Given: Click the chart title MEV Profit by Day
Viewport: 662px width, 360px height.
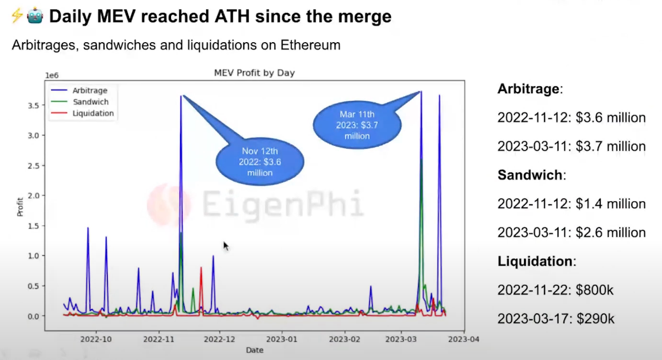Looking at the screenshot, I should (254, 73).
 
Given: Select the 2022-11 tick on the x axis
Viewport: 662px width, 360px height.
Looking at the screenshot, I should (159, 339).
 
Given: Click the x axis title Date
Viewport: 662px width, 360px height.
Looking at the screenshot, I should (254, 350).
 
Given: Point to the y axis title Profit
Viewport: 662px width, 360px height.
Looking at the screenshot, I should (20, 207).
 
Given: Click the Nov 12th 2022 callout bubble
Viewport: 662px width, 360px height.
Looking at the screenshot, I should (260, 162).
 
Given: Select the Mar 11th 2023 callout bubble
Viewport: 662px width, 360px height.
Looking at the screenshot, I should (357, 125).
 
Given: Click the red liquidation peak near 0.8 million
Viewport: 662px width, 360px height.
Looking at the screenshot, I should (201, 268).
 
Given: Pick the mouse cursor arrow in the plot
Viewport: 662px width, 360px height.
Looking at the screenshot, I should (226, 245).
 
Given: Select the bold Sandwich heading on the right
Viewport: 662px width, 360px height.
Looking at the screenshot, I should (529, 175).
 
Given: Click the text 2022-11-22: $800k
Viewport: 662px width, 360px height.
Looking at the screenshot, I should (555, 290).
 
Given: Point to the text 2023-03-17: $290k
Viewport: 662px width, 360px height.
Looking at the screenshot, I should (555, 319).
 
